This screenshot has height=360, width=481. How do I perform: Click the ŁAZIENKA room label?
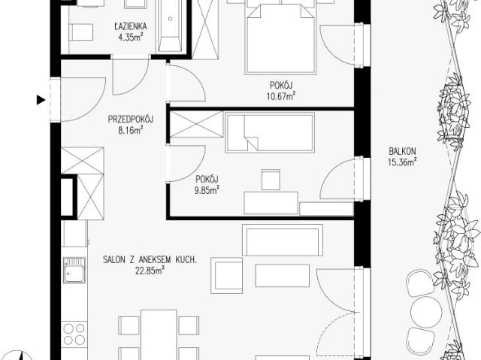coord(131,26)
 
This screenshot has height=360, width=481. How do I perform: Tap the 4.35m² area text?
coord(131,38)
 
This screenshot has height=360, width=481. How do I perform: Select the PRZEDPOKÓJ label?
coord(131,119)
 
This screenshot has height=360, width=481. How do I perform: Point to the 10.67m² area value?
coord(281,96)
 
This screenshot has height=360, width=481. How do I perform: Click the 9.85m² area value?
coord(207,190)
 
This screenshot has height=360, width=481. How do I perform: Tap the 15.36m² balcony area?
coord(402,162)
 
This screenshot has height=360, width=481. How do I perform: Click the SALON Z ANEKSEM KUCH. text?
coord(150,260)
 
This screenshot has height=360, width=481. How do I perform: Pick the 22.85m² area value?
coord(150,271)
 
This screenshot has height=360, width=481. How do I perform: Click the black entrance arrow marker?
coord(41,100)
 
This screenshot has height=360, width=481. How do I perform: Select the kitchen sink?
coord(74,270)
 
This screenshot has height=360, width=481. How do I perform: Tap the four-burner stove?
coord(74,334)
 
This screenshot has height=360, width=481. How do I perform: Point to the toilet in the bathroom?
coord(81,32)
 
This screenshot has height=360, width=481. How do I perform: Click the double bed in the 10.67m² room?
coord(280,38)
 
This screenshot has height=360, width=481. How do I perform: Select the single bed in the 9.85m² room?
coord(270,132)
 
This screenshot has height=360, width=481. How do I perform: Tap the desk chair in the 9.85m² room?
coord(271,180)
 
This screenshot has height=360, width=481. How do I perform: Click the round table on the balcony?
coord(426,312)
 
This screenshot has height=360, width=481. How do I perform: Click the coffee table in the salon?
coord(283,275)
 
